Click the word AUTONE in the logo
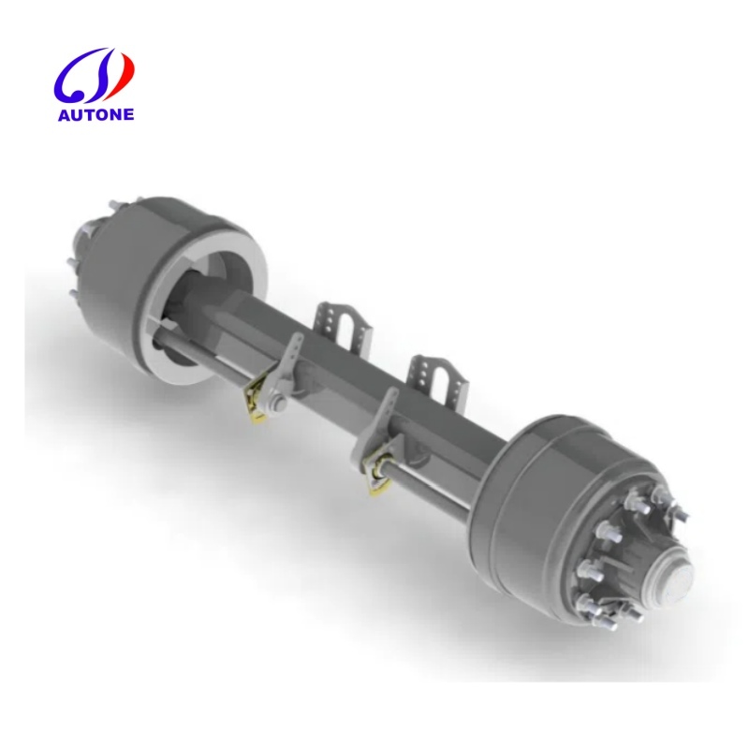97,114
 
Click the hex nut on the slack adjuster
278,404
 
